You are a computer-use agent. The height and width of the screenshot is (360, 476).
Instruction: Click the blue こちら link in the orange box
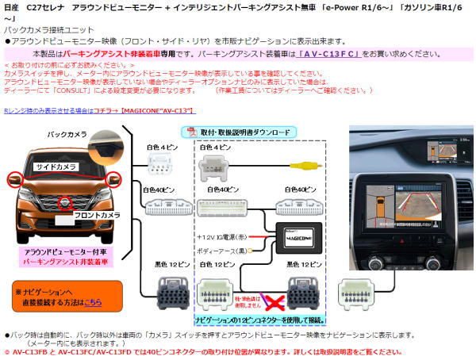tap(94, 302)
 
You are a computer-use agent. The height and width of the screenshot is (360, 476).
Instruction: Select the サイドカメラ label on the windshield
tap(56, 167)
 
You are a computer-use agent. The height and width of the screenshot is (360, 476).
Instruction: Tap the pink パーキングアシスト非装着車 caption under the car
tap(60, 259)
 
